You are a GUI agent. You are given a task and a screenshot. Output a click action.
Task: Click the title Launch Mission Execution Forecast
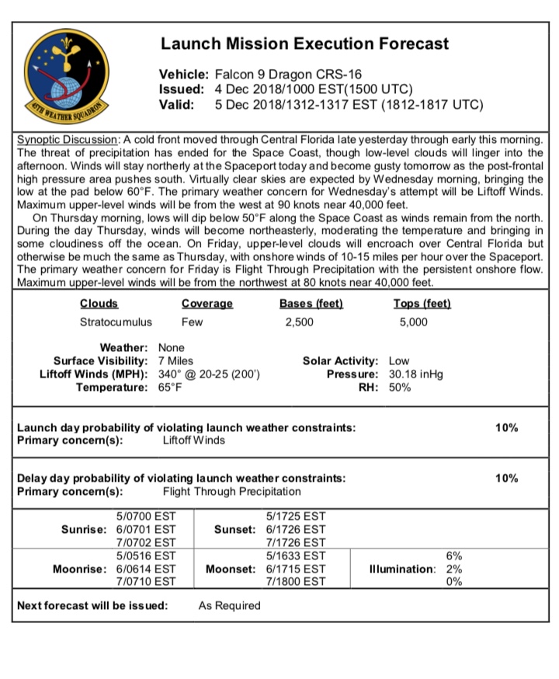point(304,44)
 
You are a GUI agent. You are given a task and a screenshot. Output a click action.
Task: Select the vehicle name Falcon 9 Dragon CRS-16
point(283,74)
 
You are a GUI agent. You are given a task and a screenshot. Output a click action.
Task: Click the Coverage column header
point(207,304)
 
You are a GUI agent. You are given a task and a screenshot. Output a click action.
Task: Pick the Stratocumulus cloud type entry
point(116,322)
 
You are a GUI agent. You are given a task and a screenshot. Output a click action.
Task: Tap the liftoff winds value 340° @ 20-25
point(209,374)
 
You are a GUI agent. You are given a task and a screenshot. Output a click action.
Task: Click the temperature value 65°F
point(171,387)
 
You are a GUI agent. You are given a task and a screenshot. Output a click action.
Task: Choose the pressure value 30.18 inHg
point(415,374)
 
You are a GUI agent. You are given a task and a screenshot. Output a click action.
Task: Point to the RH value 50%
point(400,387)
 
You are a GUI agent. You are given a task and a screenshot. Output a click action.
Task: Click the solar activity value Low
point(399,360)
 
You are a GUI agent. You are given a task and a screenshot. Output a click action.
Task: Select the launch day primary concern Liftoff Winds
point(193,440)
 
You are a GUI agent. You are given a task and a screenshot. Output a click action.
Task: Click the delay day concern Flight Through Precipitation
point(231,491)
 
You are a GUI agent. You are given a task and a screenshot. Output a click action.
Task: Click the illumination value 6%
point(454,555)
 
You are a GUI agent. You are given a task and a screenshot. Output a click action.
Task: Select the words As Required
point(229,605)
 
